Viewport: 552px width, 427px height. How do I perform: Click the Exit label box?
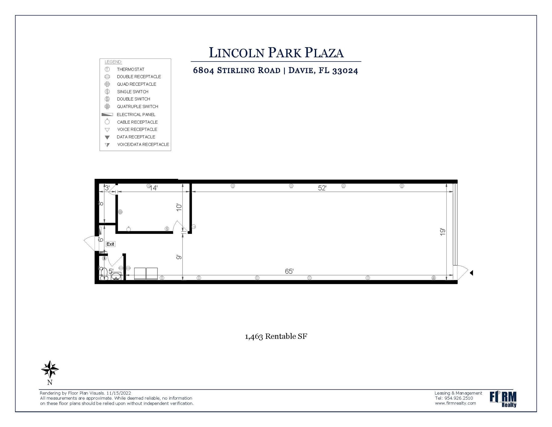point(110,244)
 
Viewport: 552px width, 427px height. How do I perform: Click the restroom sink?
point(116,276)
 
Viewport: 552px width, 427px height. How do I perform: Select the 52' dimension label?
point(322,188)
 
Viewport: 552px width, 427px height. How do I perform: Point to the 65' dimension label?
point(289,271)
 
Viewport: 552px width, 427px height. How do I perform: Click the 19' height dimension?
point(442,232)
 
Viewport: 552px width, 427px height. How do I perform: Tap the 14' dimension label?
point(153,188)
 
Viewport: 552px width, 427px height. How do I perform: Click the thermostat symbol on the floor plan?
point(194,227)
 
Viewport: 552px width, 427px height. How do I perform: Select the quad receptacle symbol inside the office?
point(120,212)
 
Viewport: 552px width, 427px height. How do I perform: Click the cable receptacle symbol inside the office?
point(129,229)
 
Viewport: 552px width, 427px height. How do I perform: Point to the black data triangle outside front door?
point(471,273)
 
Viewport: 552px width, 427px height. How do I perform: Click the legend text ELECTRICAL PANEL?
point(136,115)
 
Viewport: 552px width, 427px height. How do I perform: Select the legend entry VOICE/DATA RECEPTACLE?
point(143,145)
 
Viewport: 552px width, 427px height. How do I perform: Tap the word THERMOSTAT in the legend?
point(130,69)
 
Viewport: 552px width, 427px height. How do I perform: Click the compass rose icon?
point(50,369)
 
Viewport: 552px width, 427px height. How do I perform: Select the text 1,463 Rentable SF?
point(276,336)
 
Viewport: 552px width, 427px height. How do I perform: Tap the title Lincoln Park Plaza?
point(276,53)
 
